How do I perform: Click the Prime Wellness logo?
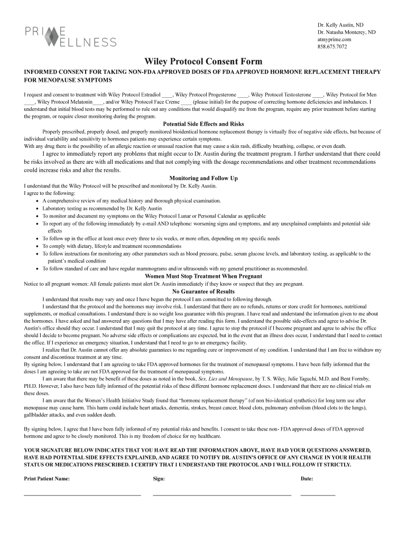click(70, 36)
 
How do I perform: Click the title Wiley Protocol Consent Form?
click(203, 62)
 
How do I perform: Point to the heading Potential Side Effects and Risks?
click(203, 124)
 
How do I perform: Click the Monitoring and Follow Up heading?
click(203, 178)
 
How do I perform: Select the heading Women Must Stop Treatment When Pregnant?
click(203, 276)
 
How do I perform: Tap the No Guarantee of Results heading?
click(203, 291)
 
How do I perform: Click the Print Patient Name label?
click(47, 479)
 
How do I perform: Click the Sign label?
click(159, 479)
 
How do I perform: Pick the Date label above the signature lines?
click(307, 479)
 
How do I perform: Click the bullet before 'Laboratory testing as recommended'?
click(36, 209)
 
